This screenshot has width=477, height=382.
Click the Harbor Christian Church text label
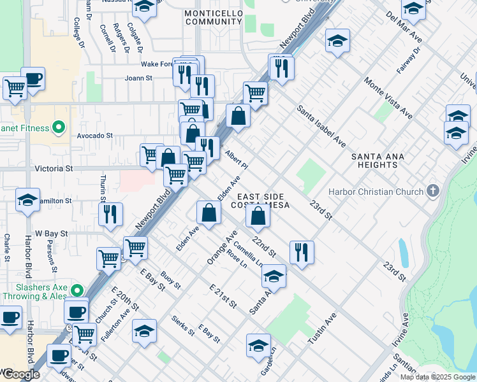pyautogui.click(x=376, y=192)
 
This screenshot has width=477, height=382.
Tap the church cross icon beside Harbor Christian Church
pyautogui.click(x=433, y=191)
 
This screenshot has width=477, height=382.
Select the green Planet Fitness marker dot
pyautogui.click(x=59, y=128)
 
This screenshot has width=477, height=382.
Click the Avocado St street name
pyautogui.click(x=95, y=136)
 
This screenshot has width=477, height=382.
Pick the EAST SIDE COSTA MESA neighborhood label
pyautogui.click(x=264, y=201)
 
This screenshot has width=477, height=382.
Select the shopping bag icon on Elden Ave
pyautogui.click(x=209, y=212)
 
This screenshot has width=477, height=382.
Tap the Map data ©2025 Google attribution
pyautogui.click(x=437, y=377)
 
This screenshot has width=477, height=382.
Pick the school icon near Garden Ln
pyautogui.click(x=258, y=345)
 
